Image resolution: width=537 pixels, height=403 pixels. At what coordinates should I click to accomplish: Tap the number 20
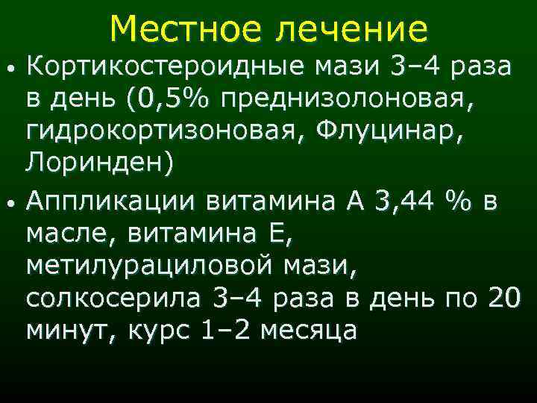pos(504,297)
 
